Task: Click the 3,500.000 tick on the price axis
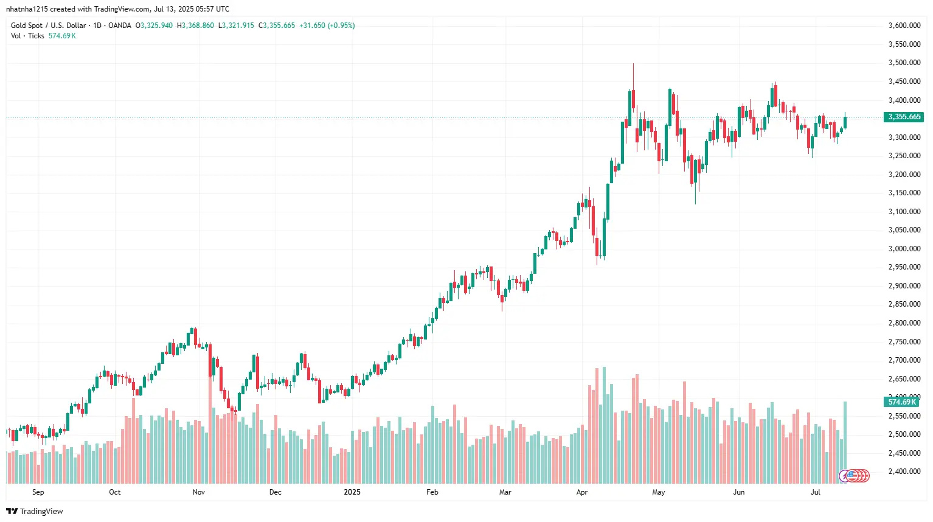tap(904, 63)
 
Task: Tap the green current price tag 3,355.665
tap(904, 117)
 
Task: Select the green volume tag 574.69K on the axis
tap(901, 402)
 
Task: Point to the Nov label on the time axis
tap(198, 492)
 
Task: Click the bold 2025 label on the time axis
tap(352, 492)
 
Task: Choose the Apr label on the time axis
tap(581, 492)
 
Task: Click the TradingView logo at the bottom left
tap(35, 511)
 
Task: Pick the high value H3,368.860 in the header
tap(195, 26)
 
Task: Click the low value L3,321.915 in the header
tap(236, 26)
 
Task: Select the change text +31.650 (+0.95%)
tap(327, 26)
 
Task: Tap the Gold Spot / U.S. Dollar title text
tap(49, 26)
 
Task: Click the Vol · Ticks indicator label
tap(27, 36)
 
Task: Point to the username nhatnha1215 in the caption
tap(27, 9)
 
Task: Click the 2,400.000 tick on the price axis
tap(904, 472)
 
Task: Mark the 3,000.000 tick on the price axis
tap(904, 249)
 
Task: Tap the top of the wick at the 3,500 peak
tap(633, 64)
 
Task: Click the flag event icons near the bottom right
tap(854, 476)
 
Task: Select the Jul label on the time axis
tap(815, 492)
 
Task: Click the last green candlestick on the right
tap(845, 122)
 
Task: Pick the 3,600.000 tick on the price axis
tap(904, 26)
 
